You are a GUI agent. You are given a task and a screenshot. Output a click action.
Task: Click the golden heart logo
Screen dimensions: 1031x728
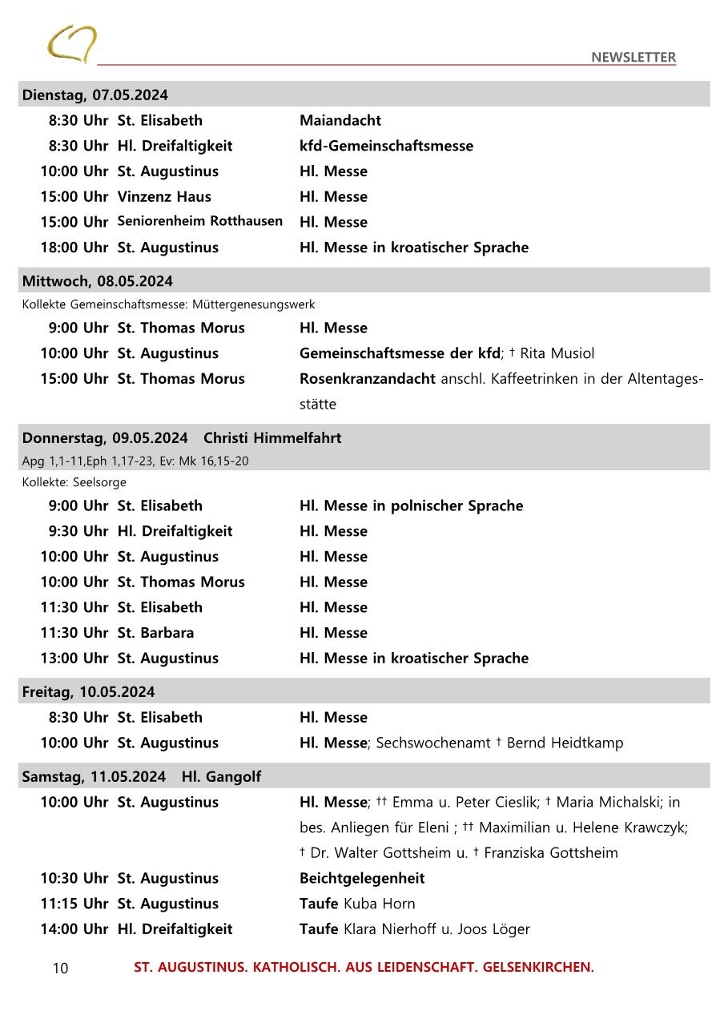tap(71, 43)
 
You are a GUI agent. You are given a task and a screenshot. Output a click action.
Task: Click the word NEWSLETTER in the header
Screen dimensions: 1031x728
tap(633, 57)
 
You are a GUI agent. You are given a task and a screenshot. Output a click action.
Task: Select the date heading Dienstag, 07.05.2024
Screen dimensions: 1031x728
tap(95, 95)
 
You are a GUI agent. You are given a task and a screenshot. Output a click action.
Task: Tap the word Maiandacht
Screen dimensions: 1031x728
tap(340, 120)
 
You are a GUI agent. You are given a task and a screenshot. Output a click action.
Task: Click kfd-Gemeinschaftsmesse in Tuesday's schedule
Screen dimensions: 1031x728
tap(386, 146)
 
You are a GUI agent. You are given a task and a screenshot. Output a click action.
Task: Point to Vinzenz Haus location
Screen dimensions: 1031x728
tap(164, 196)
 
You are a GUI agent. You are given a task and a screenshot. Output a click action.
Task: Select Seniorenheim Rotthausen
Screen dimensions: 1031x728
tap(199, 221)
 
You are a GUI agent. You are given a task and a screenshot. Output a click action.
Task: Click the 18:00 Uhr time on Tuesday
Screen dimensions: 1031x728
tap(74, 248)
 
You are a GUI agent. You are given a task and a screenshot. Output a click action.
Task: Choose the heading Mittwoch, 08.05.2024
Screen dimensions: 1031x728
tap(97, 281)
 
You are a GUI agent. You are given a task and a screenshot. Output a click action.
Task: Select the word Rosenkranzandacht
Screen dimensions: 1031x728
tap(368, 379)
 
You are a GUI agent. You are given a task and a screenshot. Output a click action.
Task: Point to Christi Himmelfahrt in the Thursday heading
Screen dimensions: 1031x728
tap(272, 438)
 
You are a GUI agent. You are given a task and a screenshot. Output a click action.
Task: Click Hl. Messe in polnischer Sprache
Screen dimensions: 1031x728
tap(411, 505)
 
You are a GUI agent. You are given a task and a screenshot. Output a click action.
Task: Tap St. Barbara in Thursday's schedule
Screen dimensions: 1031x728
tap(155, 633)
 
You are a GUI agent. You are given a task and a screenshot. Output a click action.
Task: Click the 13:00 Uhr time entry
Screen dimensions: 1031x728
tap(74, 658)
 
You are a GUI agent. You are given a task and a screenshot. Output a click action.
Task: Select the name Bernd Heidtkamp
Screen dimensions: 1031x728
tap(565, 743)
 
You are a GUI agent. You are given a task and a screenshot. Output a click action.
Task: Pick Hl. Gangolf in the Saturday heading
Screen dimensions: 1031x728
tap(221, 777)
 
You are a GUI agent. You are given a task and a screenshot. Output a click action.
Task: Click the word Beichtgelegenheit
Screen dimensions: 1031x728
tap(362, 878)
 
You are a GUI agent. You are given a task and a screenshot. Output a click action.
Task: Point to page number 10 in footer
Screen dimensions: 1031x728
tap(60, 969)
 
